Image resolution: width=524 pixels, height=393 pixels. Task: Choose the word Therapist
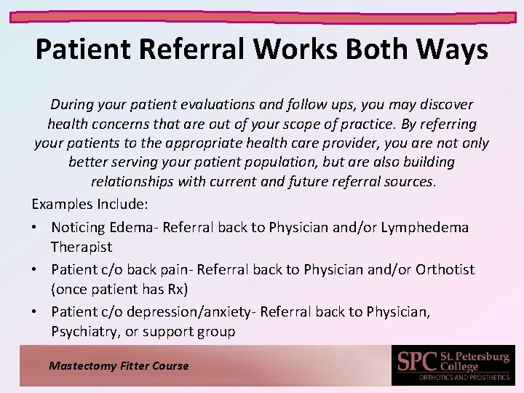pyautogui.click(x=82, y=247)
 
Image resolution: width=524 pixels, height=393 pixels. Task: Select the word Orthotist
pyautogui.click(x=445, y=269)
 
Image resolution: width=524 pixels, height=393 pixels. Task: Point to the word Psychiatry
pyautogui.click(x=85, y=332)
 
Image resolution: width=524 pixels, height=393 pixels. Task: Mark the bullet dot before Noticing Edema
pyautogui.click(x=36, y=228)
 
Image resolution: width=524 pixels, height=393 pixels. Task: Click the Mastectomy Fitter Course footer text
pyautogui.click(x=119, y=366)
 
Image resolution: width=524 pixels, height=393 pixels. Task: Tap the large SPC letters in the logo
pyautogui.click(x=418, y=361)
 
